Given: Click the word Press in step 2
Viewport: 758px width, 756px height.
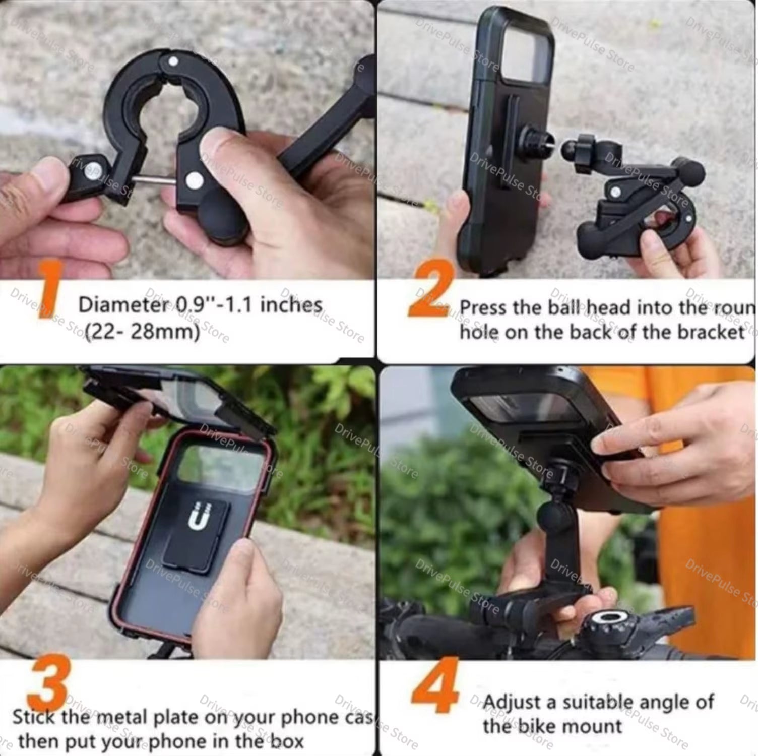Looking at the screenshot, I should point(484,308).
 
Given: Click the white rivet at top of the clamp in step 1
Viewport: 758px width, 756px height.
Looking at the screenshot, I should point(173,62).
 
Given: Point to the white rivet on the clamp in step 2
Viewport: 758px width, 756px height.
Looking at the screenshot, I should point(615,192).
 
